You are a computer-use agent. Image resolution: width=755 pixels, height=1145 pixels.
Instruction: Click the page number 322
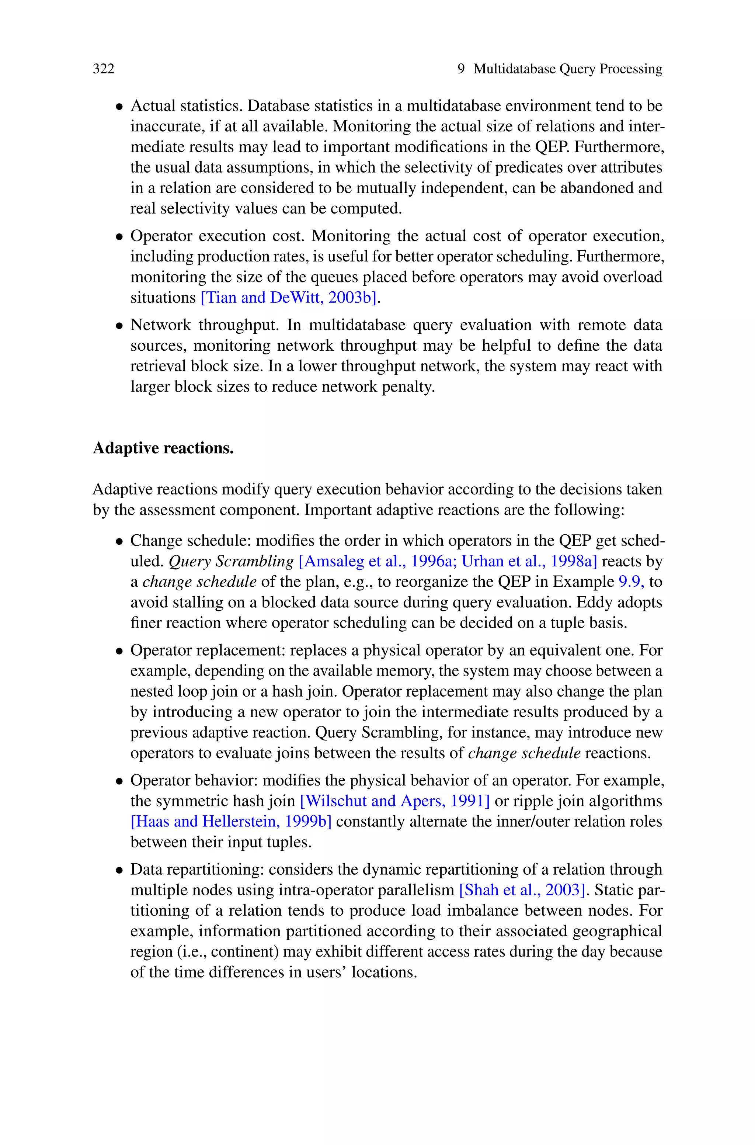104,69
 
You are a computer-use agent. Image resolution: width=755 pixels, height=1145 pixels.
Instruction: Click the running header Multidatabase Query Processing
568,69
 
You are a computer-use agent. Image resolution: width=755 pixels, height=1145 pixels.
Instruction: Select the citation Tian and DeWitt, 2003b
288,298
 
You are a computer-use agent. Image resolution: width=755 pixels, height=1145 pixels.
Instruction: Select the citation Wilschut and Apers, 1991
395,801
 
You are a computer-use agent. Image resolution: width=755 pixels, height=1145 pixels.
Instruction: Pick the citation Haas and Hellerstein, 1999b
231,822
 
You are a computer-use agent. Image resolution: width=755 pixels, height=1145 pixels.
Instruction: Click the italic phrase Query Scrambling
231,561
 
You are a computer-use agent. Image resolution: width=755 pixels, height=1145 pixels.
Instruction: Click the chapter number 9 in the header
461,69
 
